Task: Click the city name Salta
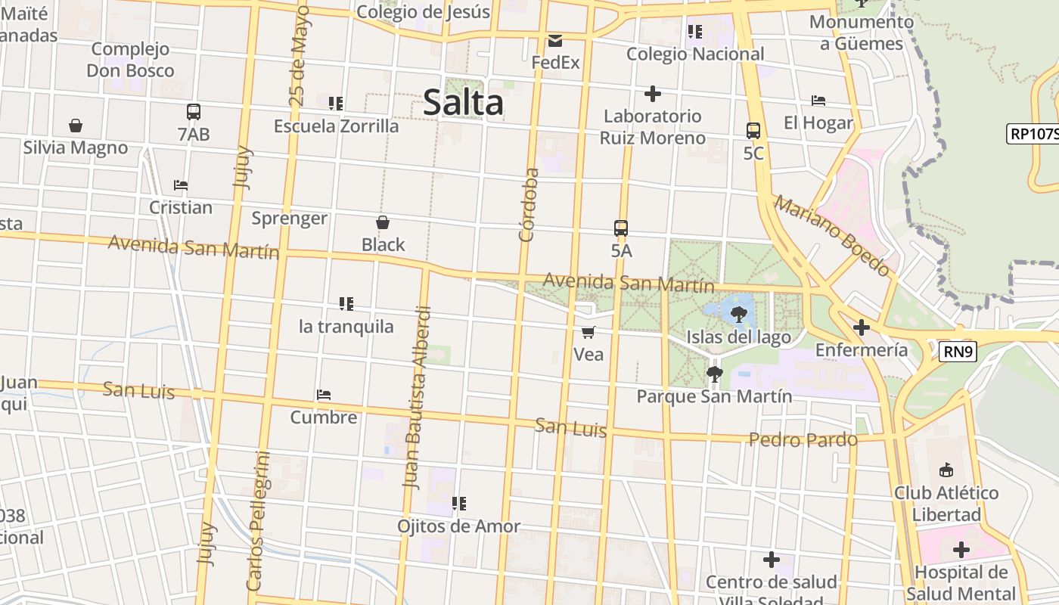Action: tap(463, 102)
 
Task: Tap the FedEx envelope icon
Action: tap(555, 41)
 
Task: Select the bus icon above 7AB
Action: tap(194, 112)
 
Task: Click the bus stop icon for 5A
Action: tap(621, 228)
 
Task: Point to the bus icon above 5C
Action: tap(753, 130)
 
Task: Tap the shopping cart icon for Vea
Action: tap(589, 332)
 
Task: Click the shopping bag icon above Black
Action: tap(383, 222)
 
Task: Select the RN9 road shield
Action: tap(958, 352)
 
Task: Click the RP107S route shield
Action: tap(1033, 134)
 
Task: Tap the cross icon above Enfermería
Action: tap(861, 327)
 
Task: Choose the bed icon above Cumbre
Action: tap(324, 395)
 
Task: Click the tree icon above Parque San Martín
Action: tap(714, 374)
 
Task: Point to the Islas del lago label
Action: tap(738, 337)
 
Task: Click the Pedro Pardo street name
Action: tap(803, 439)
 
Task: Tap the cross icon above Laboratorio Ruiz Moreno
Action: tap(652, 94)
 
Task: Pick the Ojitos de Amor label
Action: tap(459, 526)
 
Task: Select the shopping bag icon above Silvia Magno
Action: tap(75, 126)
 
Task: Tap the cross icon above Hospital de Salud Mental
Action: tap(961, 549)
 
